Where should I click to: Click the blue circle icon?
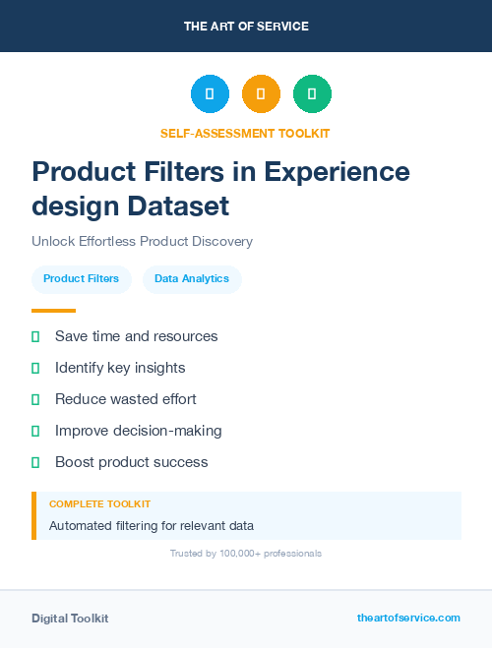(x=210, y=93)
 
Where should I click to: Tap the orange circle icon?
(x=261, y=93)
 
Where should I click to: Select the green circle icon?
(x=312, y=93)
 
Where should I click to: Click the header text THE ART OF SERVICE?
(x=246, y=27)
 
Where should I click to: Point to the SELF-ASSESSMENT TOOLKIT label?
(x=245, y=133)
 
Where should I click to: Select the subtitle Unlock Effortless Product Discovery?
(x=142, y=241)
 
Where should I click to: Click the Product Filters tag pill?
(x=81, y=279)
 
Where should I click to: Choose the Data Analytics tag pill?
(x=192, y=279)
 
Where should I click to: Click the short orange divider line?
(x=53, y=311)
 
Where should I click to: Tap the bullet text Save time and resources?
(x=136, y=336)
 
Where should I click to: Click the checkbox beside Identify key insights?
(x=35, y=368)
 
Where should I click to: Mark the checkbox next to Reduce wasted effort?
(x=35, y=399)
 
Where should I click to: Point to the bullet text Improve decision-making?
(x=138, y=431)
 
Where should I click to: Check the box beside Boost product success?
(x=35, y=462)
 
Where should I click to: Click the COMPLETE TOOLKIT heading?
(x=99, y=504)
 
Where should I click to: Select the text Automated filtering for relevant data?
(x=151, y=526)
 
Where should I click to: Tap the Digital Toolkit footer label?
(x=70, y=619)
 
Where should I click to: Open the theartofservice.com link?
(x=408, y=618)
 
